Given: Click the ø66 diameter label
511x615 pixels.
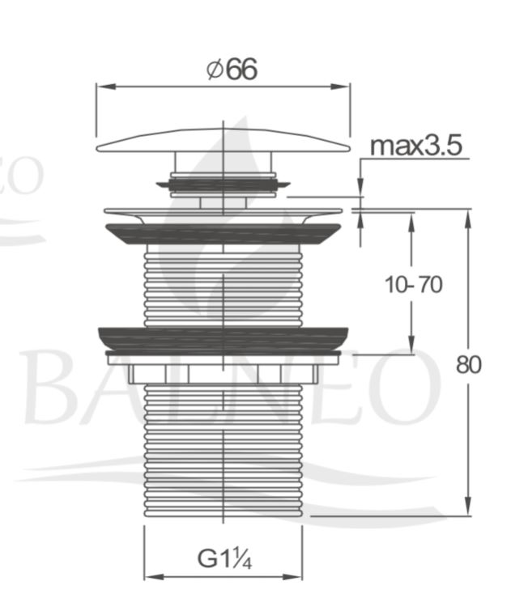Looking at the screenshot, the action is pos(232,70).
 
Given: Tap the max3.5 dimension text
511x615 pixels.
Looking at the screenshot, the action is pos(416,146).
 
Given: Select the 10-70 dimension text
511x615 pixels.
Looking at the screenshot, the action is pos(413,284).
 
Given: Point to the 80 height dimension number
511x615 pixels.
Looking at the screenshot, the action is pos(468,365).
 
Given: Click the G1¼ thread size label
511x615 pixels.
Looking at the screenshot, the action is pos(224,558).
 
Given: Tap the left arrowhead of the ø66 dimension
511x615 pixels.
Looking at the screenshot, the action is pos(106,87).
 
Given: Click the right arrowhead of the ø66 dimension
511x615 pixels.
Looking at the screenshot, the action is pos(339,87).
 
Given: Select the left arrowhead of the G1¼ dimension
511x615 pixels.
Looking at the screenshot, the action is pos(154,577).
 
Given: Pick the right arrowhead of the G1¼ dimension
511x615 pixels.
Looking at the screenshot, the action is pos(292,577).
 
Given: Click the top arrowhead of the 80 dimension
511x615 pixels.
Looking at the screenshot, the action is pos(468,218).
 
